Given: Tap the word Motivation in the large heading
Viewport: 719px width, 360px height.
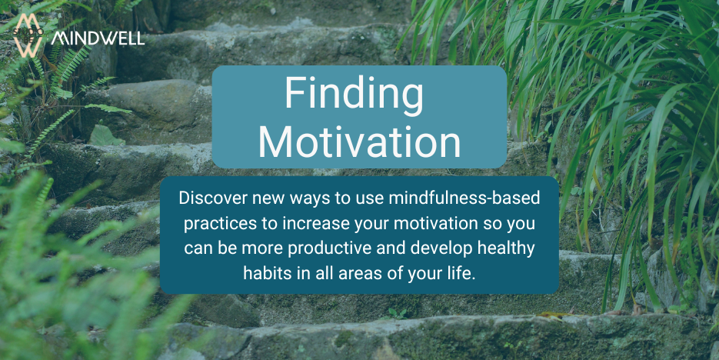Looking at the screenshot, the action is coord(360,142).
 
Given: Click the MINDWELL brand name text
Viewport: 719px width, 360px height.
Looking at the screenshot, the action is coord(98,39).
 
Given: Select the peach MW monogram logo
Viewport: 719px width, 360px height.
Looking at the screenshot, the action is coord(28,35).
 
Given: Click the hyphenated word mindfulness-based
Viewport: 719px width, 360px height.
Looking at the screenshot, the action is coord(464,198).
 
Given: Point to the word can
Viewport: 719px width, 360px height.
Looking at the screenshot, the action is coord(197,249).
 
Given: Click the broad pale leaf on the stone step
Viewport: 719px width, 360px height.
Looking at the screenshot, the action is coord(105,136).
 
